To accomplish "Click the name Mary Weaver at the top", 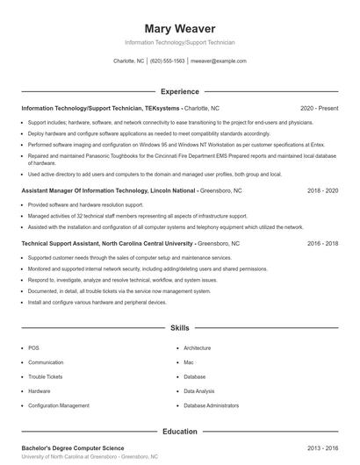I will (x=179, y=28).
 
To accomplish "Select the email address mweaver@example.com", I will (x=218, y=61).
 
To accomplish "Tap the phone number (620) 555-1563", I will (x=167, y=61).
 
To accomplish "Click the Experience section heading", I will (x=179, y=91).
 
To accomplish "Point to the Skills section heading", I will (x=179, y=327).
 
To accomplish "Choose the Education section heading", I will (x=179, y=432).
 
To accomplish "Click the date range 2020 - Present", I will (x=319, y=108).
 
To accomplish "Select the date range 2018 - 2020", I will (x=322, y=190).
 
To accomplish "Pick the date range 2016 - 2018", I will (x=322, y=243).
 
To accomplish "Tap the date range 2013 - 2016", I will (x=322, y=447).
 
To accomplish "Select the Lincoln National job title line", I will (x=121, y=190).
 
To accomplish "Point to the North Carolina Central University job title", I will (x=130, y=243).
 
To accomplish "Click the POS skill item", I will (x=32, y=348).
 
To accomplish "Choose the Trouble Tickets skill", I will (x=45, y=376).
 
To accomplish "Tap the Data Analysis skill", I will (x=198, y=390).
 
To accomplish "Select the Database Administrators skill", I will (x=211, y=405).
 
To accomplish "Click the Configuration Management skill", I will (x=58, y=405).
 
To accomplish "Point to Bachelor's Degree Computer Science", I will (x=73, y=447).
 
